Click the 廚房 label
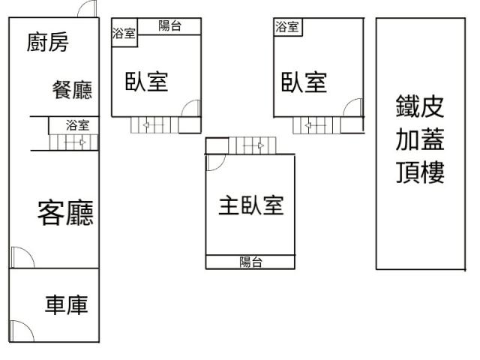[47, 43]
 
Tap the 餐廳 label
[72, 91]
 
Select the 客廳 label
[65, 214]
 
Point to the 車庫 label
[67, 305]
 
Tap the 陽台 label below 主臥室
[250, 262]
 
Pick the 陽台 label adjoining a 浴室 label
[169, 26]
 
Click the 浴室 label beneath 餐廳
[76, 124]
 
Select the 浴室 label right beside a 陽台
[124, 33]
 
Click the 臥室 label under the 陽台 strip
[146, 81]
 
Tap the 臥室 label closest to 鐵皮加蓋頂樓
[304, 81]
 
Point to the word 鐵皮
[420, 106]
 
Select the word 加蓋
[420, 139]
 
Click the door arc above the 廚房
[88, 10]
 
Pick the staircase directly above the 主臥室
[252, 144]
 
